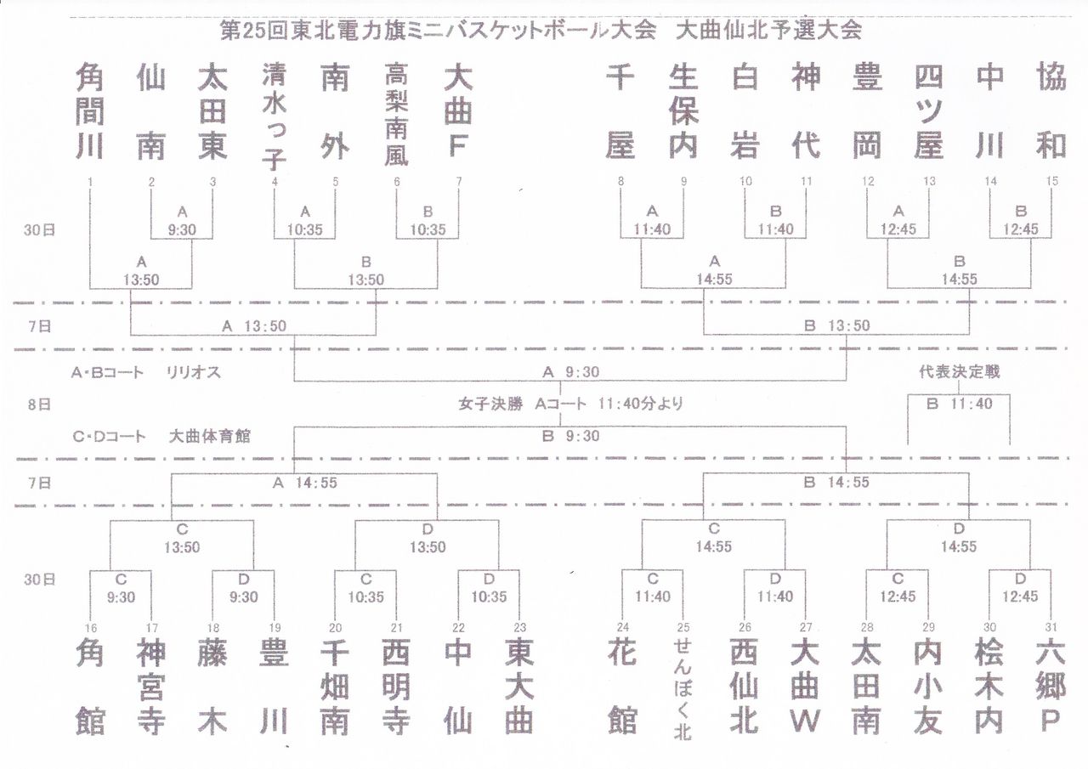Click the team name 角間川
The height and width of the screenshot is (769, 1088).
(89, 111)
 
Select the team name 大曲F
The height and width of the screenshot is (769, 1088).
(457, 111)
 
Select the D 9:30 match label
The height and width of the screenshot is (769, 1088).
(243, 588)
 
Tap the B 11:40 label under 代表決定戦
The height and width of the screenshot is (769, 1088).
(959, 404)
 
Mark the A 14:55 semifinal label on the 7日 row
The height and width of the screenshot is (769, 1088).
(304, 483)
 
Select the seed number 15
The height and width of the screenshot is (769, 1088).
(1051, 181)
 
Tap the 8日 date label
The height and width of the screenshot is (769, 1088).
(39, 404)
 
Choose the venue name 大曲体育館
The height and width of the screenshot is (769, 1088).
(209, 437)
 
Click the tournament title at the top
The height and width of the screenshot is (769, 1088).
(541, 31)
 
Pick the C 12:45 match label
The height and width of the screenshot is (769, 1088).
(898, 588)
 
